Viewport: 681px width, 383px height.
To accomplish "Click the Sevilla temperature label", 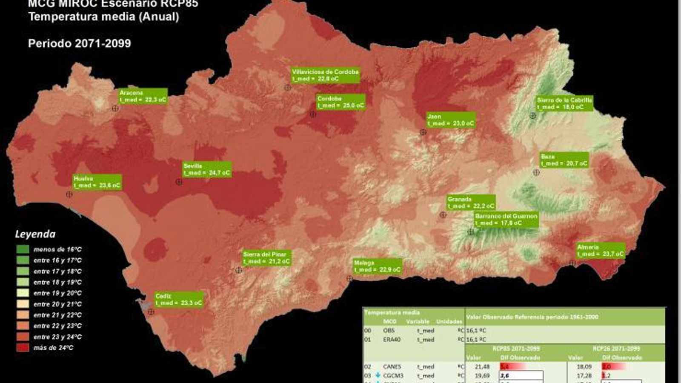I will tap(207, 169).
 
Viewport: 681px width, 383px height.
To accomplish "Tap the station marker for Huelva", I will tap(69, 194).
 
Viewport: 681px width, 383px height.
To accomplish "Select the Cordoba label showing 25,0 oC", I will tap(340, 102).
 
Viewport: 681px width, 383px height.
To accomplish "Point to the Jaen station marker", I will tap(423, 132).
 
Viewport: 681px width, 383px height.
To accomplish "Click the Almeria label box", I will tap(601, 250).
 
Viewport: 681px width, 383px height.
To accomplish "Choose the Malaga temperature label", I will tap(377, 266).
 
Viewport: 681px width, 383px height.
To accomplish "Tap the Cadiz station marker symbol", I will tap(151, 312).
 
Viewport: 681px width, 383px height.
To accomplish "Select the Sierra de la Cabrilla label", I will tap(564, 103).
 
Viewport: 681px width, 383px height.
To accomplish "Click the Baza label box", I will tap(564, 160).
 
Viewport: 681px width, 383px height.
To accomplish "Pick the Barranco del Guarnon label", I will tap(506, 220).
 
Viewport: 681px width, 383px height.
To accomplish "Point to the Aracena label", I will tap(143, 96).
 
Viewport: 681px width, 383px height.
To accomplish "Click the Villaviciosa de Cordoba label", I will tap(325, 75).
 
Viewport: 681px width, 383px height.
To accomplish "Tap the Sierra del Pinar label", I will tap(266, 258).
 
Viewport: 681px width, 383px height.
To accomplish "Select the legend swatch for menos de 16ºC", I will tap(23, 249).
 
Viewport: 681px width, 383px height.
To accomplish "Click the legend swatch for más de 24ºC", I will tap(23, 348).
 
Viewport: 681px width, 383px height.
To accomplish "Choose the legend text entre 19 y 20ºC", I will tap(57, 293).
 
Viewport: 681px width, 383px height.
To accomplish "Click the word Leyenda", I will tap(35, 234).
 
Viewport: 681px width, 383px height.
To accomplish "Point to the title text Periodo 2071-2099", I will tap(80, 43).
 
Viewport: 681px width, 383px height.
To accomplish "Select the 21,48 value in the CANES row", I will tap(482, 366).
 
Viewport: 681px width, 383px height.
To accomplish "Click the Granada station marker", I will tap(443, 215).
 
